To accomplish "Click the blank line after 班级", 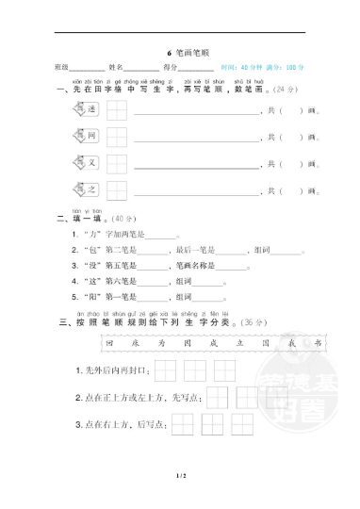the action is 88,69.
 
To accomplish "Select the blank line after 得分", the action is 195,69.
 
